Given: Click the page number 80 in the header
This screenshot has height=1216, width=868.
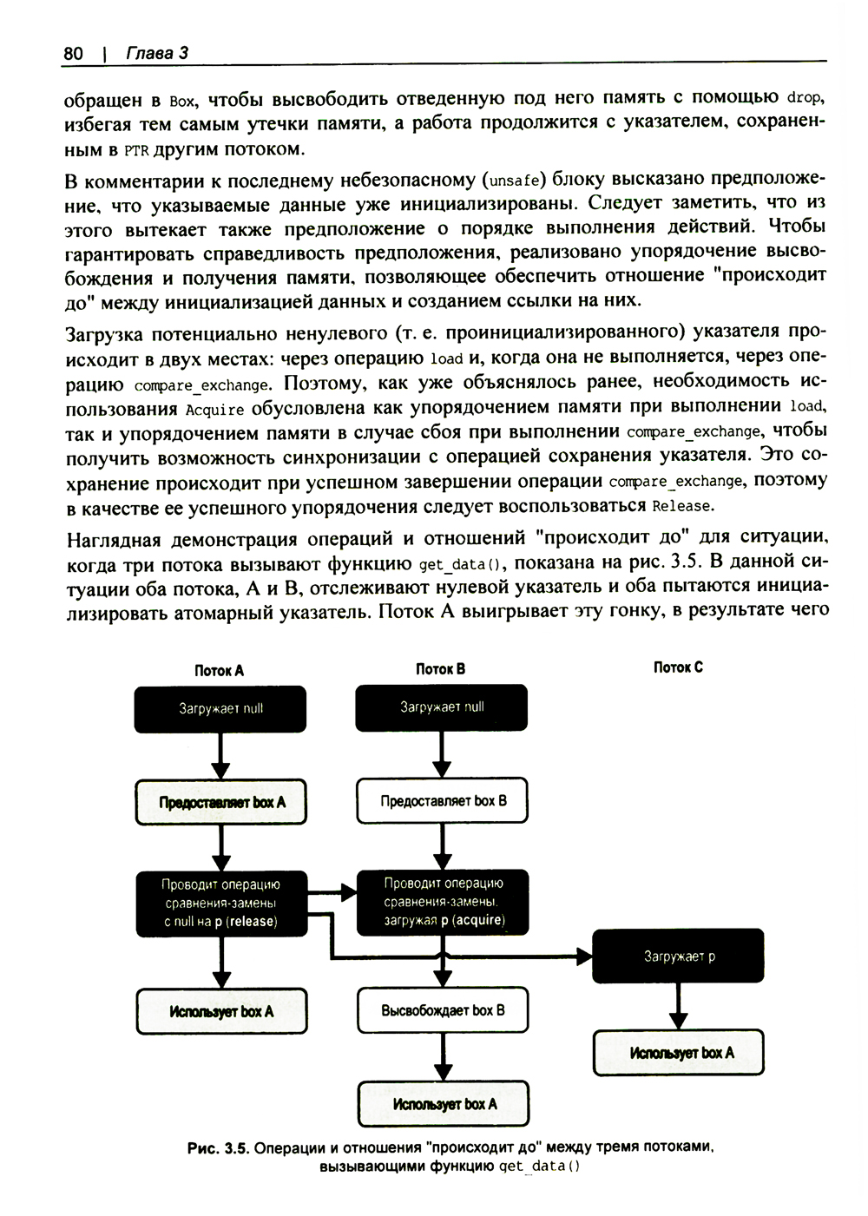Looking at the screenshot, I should pos(73,54).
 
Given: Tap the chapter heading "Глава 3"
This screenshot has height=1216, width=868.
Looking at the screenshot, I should pos(157,54).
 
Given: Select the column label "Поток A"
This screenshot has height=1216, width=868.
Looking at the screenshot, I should pos(219,670).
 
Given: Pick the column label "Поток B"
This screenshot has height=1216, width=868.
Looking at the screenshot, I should pos(440,668).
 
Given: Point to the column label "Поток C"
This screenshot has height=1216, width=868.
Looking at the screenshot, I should pos(678,667).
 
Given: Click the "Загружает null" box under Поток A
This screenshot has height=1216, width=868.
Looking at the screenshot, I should pos(220,708).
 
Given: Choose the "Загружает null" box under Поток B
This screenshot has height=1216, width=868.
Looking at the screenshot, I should pos(442,707).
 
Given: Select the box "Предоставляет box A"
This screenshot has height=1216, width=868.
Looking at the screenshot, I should pos(221,802).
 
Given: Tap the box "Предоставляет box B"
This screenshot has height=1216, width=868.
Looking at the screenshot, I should pos(443,800).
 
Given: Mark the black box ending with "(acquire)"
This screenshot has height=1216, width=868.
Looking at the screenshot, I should pos(443,902).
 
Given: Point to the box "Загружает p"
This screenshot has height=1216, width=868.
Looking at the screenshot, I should pos(678,956).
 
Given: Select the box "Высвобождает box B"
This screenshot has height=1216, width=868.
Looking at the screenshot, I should pos(443,1010).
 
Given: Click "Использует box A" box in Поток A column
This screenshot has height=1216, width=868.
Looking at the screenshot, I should pos(221,1011).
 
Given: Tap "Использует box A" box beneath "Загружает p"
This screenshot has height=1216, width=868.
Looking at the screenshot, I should pos(680,1053).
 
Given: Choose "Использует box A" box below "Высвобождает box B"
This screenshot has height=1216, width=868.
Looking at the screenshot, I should pos(444,1104).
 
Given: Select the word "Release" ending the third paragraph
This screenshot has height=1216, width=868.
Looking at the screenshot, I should pos(681,505).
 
